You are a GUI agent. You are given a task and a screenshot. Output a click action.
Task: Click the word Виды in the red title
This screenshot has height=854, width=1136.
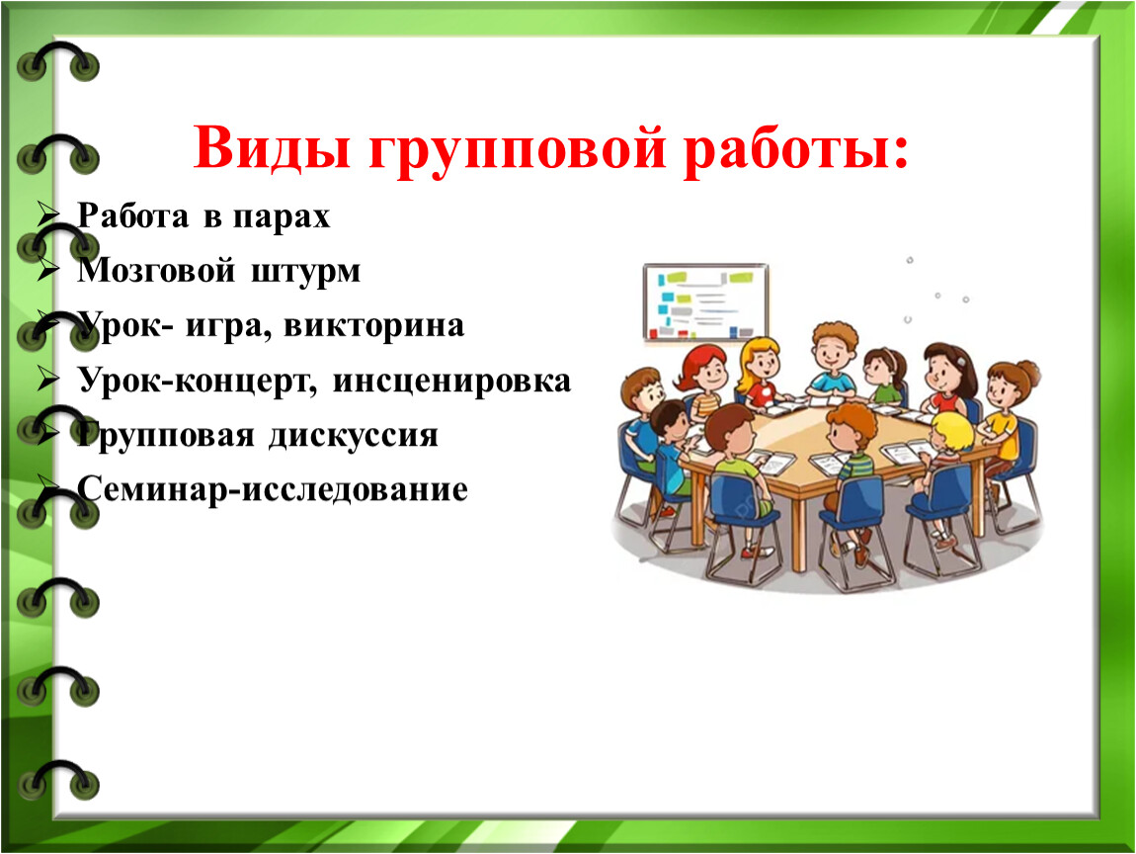coord(272,148)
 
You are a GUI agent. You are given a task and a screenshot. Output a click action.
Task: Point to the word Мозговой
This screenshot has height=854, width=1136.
coord(156,271)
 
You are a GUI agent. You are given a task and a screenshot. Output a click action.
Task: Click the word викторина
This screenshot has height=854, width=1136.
coord(373,325)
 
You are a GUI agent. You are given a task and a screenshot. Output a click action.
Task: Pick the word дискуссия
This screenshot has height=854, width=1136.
coord(354,437)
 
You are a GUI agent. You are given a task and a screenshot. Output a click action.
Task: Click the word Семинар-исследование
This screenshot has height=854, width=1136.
coord(273,488)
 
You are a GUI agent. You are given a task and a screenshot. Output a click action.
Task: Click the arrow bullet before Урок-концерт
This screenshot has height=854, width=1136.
coord(47,380)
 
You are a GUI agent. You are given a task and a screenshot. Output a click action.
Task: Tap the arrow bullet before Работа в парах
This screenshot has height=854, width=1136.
coord(47,214)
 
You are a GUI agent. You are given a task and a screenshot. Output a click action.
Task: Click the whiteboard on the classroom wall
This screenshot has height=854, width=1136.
coord(705,301)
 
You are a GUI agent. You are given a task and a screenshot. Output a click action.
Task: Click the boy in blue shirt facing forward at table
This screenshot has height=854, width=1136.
coord(833,361)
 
